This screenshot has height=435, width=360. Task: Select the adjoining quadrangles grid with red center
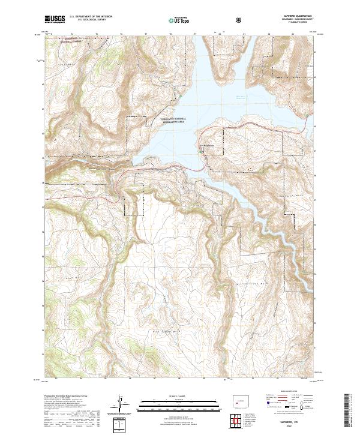(239, 421)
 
